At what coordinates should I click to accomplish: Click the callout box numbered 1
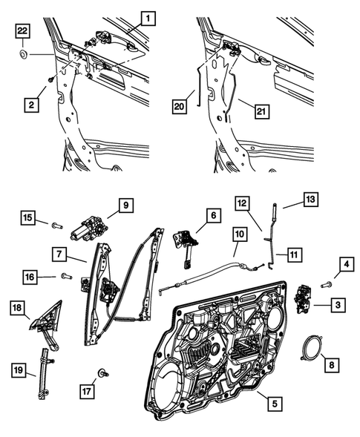tap(148, 16)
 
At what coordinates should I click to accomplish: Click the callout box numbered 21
tap(259, 111)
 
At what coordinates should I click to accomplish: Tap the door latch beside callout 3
tap(304, 299)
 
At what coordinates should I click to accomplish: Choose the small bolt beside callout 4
tap(325, 283)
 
